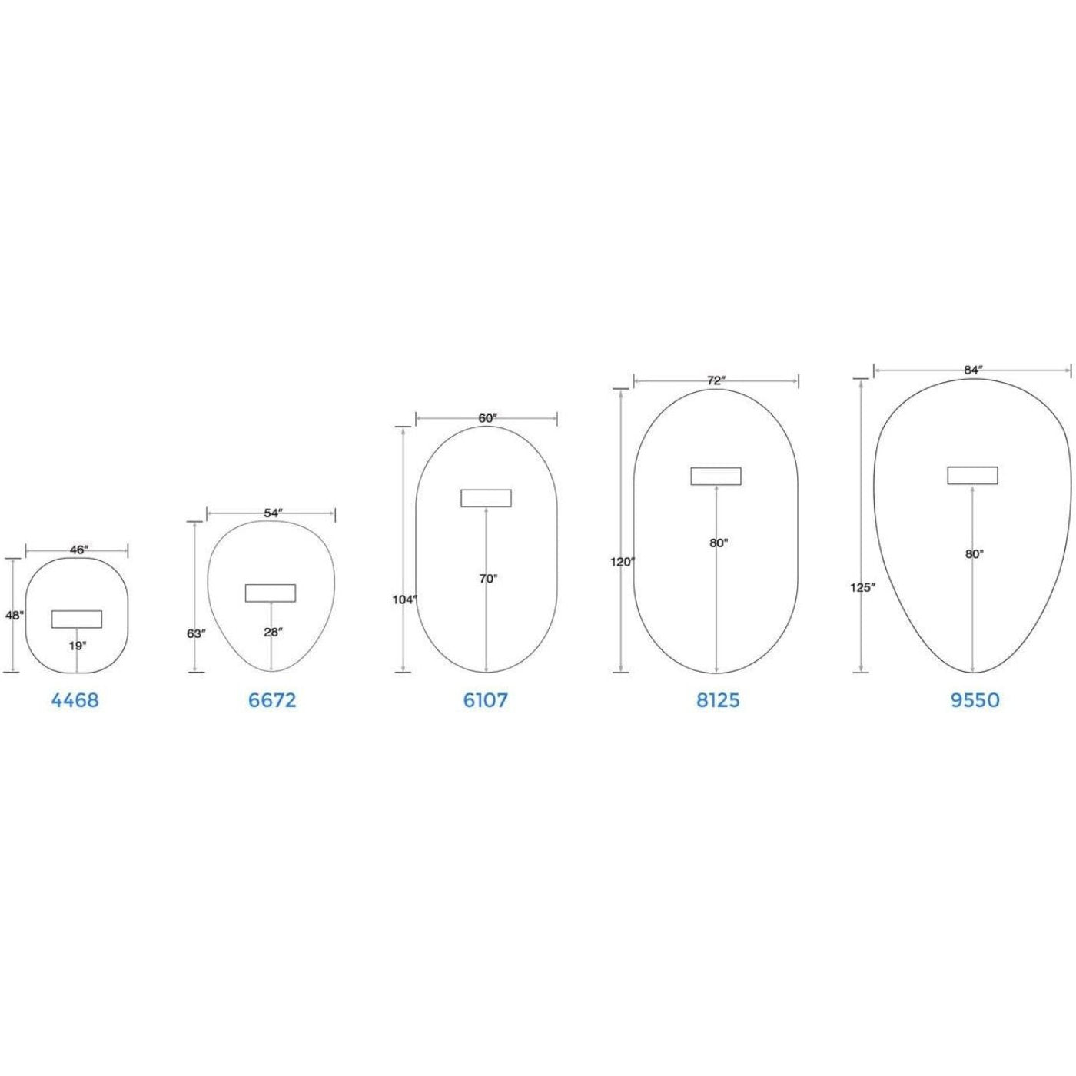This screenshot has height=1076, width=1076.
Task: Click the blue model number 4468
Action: pos(75,700)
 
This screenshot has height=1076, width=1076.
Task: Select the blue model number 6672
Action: pos(273,700)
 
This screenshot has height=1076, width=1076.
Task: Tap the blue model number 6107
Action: pos(485,700)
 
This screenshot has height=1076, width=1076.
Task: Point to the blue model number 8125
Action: pos(718,700)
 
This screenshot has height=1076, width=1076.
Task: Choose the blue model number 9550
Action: pos(975,700)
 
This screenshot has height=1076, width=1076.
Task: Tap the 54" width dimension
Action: pos(273,513)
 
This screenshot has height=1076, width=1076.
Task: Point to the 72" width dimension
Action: pos(716,380)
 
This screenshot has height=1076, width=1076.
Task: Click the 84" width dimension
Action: pos(972,370)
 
